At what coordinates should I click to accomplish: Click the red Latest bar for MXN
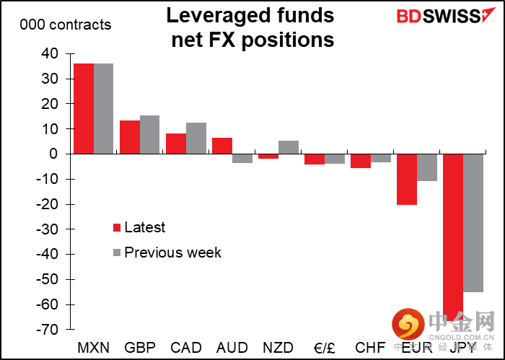[x=84, y=108]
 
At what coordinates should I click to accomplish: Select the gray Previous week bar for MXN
[x=103, y=108]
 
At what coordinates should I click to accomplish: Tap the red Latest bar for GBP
[x=130, y=137]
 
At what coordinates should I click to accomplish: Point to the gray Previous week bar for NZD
[x=289, y=147]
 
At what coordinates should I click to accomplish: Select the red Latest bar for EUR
[x=407, y=179]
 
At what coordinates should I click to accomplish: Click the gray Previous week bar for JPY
[x=473, y=222]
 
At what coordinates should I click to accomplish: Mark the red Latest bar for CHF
[x=361, y=161]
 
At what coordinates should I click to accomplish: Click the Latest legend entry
[x=144, y=228]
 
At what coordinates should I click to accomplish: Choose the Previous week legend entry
[x=172, y=253]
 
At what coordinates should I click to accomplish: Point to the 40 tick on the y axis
[x=49, y=53]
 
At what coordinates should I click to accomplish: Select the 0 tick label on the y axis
[x=53, y=154]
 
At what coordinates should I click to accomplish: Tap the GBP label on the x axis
[x=139, y=347]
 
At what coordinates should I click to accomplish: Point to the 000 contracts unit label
[x=66, y=25]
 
